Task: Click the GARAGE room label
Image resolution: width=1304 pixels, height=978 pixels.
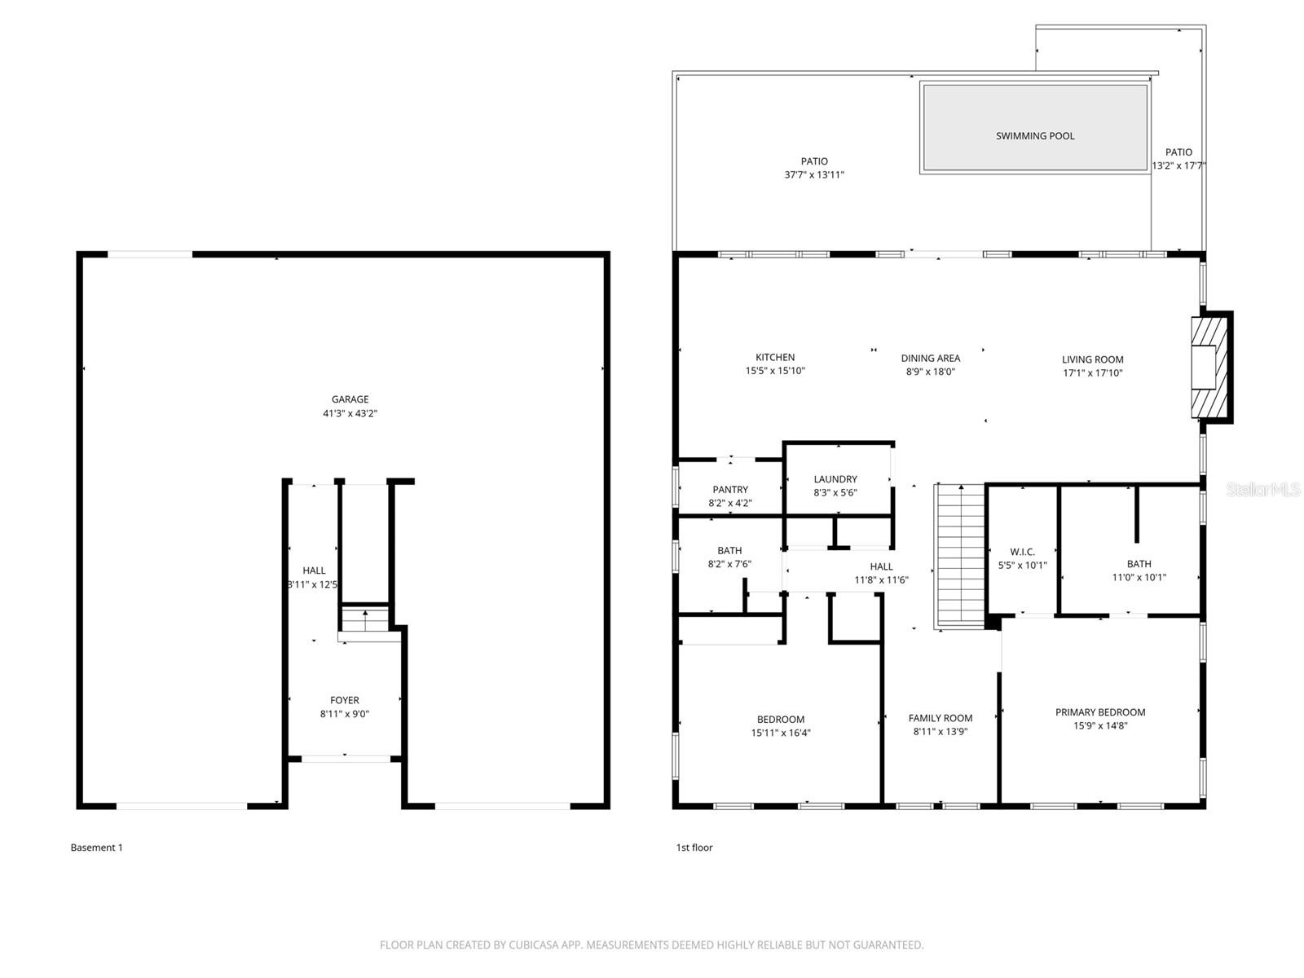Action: (350, 399)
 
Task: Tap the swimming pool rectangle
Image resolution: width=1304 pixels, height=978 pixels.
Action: (1034, 128)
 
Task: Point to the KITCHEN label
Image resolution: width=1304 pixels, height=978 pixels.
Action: (775, 357)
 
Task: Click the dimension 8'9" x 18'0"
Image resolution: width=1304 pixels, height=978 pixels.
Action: (930, 372)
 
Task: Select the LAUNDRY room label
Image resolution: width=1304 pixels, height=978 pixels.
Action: (835, 479)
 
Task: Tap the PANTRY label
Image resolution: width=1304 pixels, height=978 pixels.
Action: (730, 490)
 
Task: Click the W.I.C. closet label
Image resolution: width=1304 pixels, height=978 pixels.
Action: (1022, 552)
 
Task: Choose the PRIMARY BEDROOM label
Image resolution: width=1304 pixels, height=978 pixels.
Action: (1100, 712)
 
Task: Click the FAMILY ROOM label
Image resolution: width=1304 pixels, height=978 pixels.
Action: (941, 718)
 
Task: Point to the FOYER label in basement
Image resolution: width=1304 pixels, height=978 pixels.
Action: (345, 700)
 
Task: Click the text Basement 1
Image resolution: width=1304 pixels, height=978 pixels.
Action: (97, 848)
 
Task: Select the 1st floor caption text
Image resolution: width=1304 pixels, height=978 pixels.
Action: (694, 848)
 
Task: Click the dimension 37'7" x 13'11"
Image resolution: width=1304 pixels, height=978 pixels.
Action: (814, 174)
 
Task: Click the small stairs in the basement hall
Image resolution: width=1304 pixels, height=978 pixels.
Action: (365, 621)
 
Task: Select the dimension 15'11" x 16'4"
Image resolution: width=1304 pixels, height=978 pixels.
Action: (781, 733)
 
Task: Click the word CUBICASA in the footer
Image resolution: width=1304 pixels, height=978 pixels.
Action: (535, 945)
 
